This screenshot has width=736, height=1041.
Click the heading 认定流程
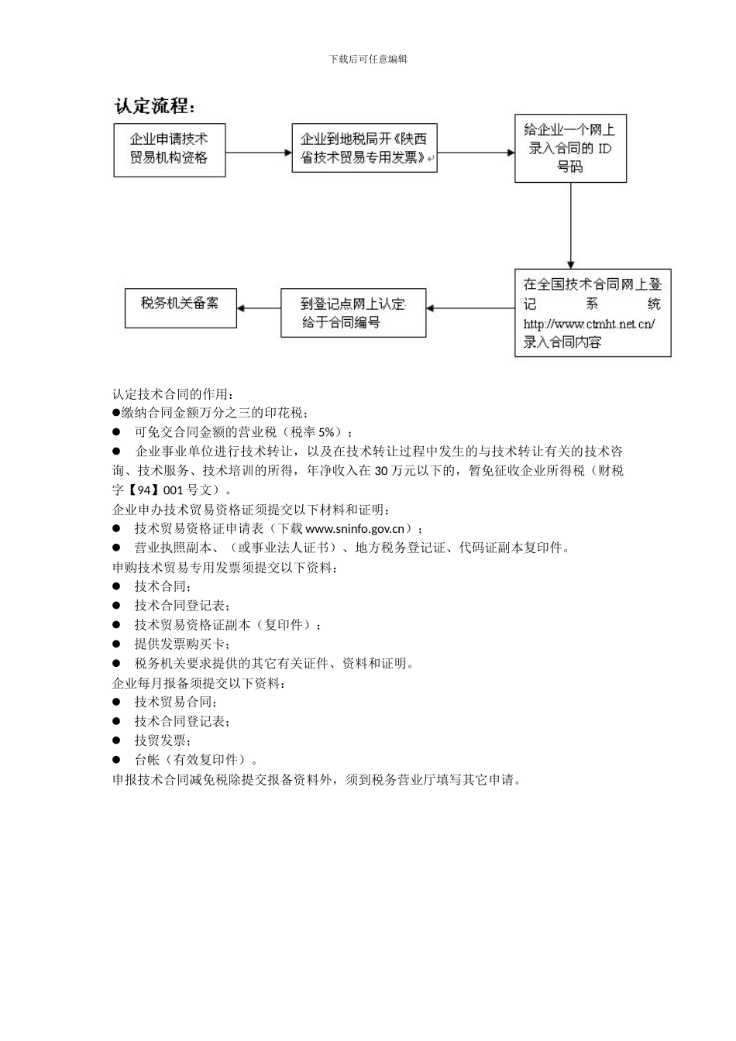pyautogui.click(x=155, y=106)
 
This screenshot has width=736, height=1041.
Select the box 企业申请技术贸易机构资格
pyautogui.click(x=169, y=149)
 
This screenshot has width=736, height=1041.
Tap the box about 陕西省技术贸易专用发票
pyautogui.click(x=363, y=148)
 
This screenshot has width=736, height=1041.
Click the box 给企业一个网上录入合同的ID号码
pyautogui.click(x=570, y=148)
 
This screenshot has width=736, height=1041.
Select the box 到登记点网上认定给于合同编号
pyautogui.click(x=353, y=313)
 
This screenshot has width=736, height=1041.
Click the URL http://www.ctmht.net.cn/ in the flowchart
pyautogui.click(x=589, y=324)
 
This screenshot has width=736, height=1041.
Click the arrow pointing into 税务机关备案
pyautogui.click(x=258, y=308)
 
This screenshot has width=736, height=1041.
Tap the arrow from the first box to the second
pyautogui.click(x=258, y=153)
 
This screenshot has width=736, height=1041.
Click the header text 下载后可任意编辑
pyautogui.click(x=368, y=59)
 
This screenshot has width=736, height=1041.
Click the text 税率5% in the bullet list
pyautogui.click(x=316, y=432)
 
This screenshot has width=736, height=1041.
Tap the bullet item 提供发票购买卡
pyautogui.click(x=182, y=644)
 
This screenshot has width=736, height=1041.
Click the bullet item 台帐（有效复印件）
pyautogui.click(x=196, y=760)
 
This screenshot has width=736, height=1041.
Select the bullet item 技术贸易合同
pyautogui.click(x=175, y=702)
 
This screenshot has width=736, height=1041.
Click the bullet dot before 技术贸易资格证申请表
pyautogui.click(x=117, y=528)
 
